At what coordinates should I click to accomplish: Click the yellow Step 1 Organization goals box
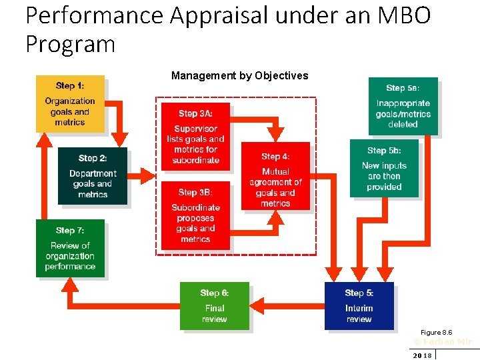70,103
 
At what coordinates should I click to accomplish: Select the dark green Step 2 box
92,175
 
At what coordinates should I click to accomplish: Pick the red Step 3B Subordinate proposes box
195,215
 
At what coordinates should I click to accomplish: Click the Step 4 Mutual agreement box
275,176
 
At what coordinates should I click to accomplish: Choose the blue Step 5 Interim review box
359,306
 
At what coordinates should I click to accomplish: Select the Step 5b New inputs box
384,168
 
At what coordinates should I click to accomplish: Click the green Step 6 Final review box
214,306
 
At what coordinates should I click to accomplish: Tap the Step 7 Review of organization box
70,247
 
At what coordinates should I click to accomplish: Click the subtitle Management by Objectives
239,75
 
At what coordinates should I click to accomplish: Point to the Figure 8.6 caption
436,332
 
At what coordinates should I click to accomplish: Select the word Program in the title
70,44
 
